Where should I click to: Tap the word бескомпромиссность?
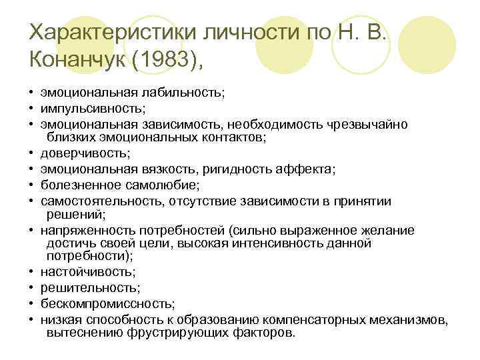[x=99, y=303]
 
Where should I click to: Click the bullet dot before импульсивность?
[x=31, y=107]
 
